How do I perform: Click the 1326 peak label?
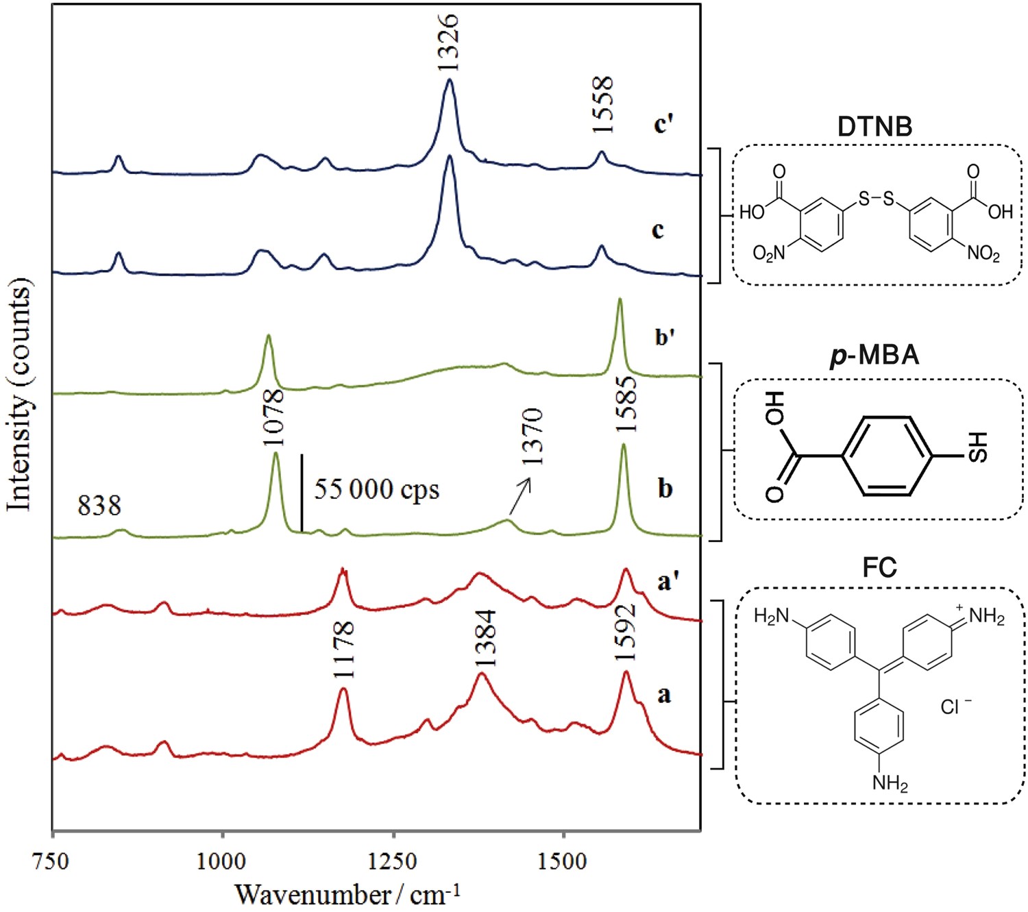448,42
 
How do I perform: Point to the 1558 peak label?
602,106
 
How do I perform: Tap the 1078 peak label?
273,417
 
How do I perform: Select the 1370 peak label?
532,436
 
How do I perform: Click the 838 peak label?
99,506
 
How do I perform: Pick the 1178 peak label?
343,649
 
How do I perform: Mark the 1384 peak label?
485,638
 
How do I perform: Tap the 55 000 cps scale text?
376,490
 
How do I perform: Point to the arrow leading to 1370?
520,496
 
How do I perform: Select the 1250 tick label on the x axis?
393,861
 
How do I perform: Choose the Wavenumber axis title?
347,894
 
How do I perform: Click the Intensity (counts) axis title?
19,394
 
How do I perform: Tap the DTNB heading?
874,127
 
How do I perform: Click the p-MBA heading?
874,356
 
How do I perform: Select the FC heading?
879,568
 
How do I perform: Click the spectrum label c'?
663,124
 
